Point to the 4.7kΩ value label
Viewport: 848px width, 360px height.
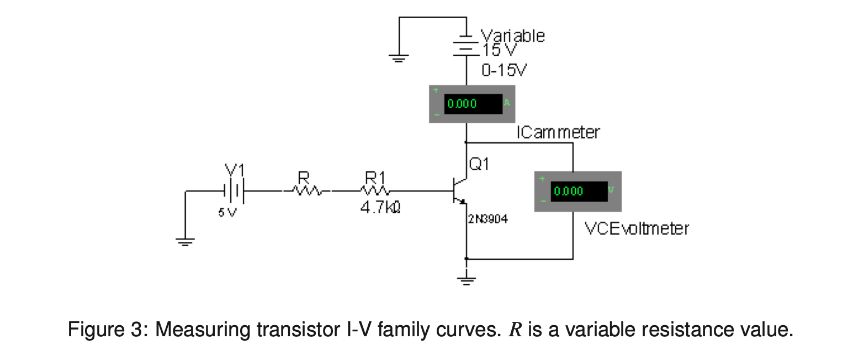(380, 210)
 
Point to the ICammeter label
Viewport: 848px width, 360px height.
(558, 133)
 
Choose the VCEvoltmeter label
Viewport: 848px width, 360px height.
(637, 228)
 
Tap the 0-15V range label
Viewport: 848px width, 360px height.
(504, 71)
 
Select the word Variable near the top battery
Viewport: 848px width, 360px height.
(513, 36)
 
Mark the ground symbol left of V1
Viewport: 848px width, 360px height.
(185, 241)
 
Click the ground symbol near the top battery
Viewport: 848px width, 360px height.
(399, 57)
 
